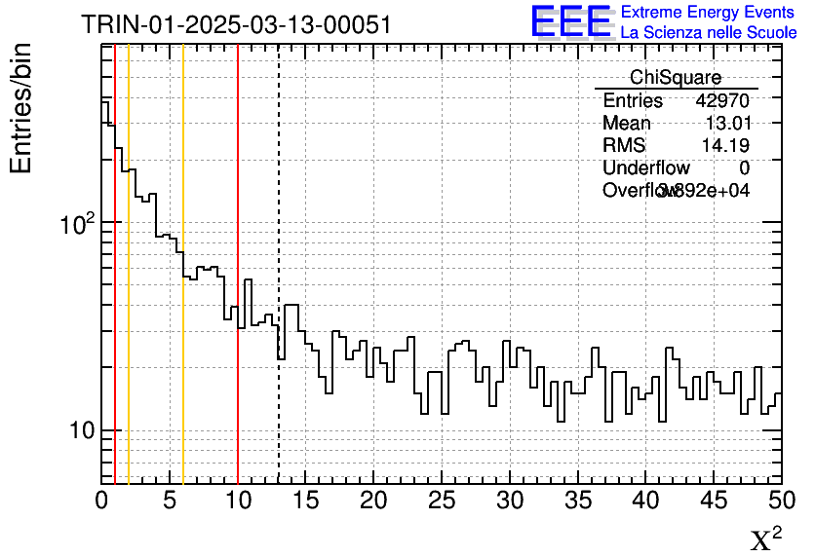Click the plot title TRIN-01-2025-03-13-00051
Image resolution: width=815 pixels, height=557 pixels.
236,24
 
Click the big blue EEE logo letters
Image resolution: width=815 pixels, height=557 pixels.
571,21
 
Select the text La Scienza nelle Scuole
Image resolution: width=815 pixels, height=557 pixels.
708,32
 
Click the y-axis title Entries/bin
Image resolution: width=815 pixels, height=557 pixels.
21,108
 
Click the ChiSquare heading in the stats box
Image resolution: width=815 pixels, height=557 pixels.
676,78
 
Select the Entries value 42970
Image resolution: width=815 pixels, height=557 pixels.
722,101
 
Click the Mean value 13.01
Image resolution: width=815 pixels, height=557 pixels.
727,124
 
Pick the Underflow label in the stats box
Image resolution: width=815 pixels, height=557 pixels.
645,168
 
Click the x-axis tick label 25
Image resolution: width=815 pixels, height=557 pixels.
442,501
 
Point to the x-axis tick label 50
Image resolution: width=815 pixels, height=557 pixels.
781,501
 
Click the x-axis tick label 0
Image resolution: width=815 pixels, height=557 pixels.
101,501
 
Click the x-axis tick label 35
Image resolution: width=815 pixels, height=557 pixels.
577,501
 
